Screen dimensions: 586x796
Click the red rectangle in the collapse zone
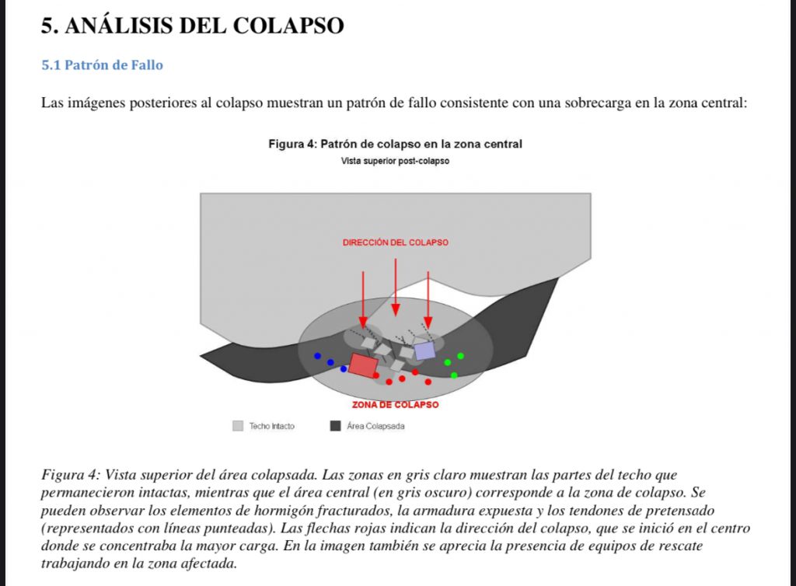[x=362, y=365]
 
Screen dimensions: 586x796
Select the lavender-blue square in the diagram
[x=424, y=351]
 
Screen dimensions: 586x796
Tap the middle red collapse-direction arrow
[x=396, y=288]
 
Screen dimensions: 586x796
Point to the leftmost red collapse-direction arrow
[x=363, y=299]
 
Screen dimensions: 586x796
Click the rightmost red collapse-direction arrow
[x=428, y=299]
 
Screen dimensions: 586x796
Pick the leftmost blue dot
[x=317, y=356]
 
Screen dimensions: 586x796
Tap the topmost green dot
[x=460, y=356]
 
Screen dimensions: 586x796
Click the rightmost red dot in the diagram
[x=428, y=382]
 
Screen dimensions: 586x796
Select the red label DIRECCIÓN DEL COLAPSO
[x=395, y=242]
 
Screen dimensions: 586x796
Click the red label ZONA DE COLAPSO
[x=395, y=405]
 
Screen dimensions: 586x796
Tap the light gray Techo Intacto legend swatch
[x=238, y=426]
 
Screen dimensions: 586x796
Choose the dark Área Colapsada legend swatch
[x=336, y=426]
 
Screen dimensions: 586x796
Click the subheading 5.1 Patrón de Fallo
[x=102, y=65]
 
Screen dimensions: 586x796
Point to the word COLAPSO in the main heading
[x=288, y=26]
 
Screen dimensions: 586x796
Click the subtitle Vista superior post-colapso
[x=395, y=161]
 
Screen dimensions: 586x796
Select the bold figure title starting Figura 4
[x=395, y=144]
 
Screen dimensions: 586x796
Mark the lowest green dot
[x=454, y=375]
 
